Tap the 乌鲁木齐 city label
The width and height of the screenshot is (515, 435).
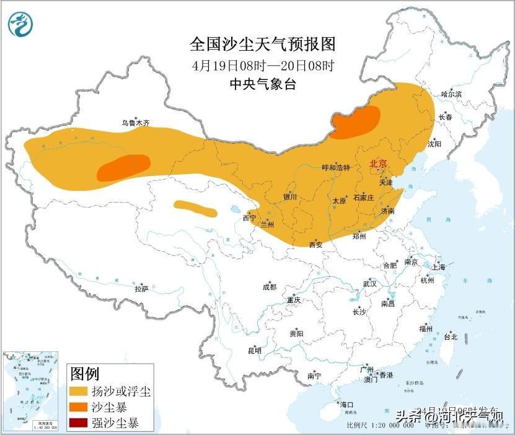135,123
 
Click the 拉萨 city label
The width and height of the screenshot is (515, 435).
142,288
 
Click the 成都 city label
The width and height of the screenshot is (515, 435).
270,287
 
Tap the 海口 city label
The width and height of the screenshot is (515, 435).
346,405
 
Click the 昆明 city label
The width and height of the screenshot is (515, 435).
255,351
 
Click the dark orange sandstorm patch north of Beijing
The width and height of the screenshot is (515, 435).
356,122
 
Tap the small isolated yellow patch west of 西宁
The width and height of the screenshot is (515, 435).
195,208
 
